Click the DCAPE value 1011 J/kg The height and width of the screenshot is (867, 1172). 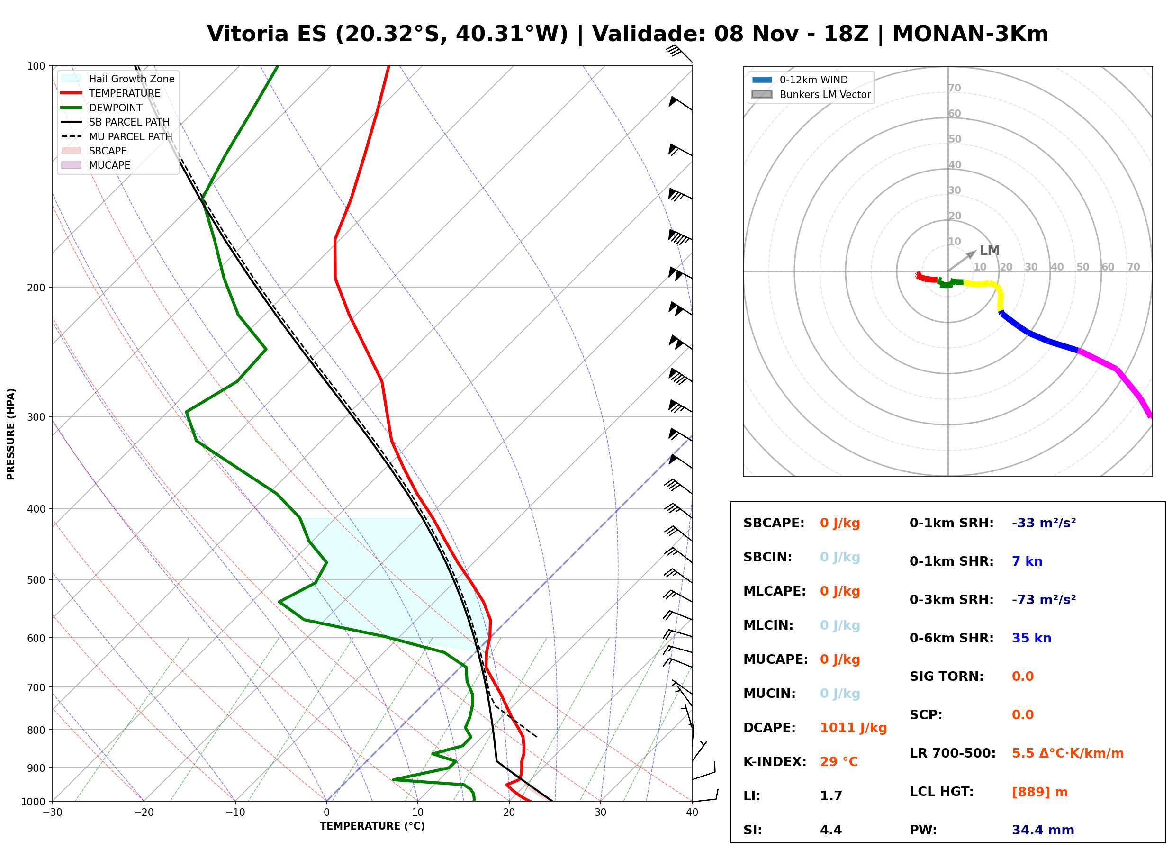point(853,728)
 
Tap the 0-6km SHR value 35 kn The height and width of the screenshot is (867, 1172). point(1031,638)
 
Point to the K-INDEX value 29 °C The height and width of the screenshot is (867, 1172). point(839,762)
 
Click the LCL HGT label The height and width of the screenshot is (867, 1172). point(941,792)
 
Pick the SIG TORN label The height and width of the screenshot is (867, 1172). point(947,677)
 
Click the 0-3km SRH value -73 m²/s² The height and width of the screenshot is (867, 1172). point(1044,600)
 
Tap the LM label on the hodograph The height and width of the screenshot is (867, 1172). point(990,251)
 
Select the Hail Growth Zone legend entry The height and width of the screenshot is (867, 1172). point(118,79)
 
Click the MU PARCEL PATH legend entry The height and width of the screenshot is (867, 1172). point(117,136)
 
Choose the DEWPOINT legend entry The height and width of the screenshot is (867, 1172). point(102,108)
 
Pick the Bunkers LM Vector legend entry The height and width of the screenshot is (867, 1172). point(811,94)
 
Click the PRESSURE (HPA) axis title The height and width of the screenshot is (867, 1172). point(11,434)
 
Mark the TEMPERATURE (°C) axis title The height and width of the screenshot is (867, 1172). point(372,827)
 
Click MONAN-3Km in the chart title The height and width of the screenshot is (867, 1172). point(970,34)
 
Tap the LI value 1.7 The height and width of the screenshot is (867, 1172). point(831,796)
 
